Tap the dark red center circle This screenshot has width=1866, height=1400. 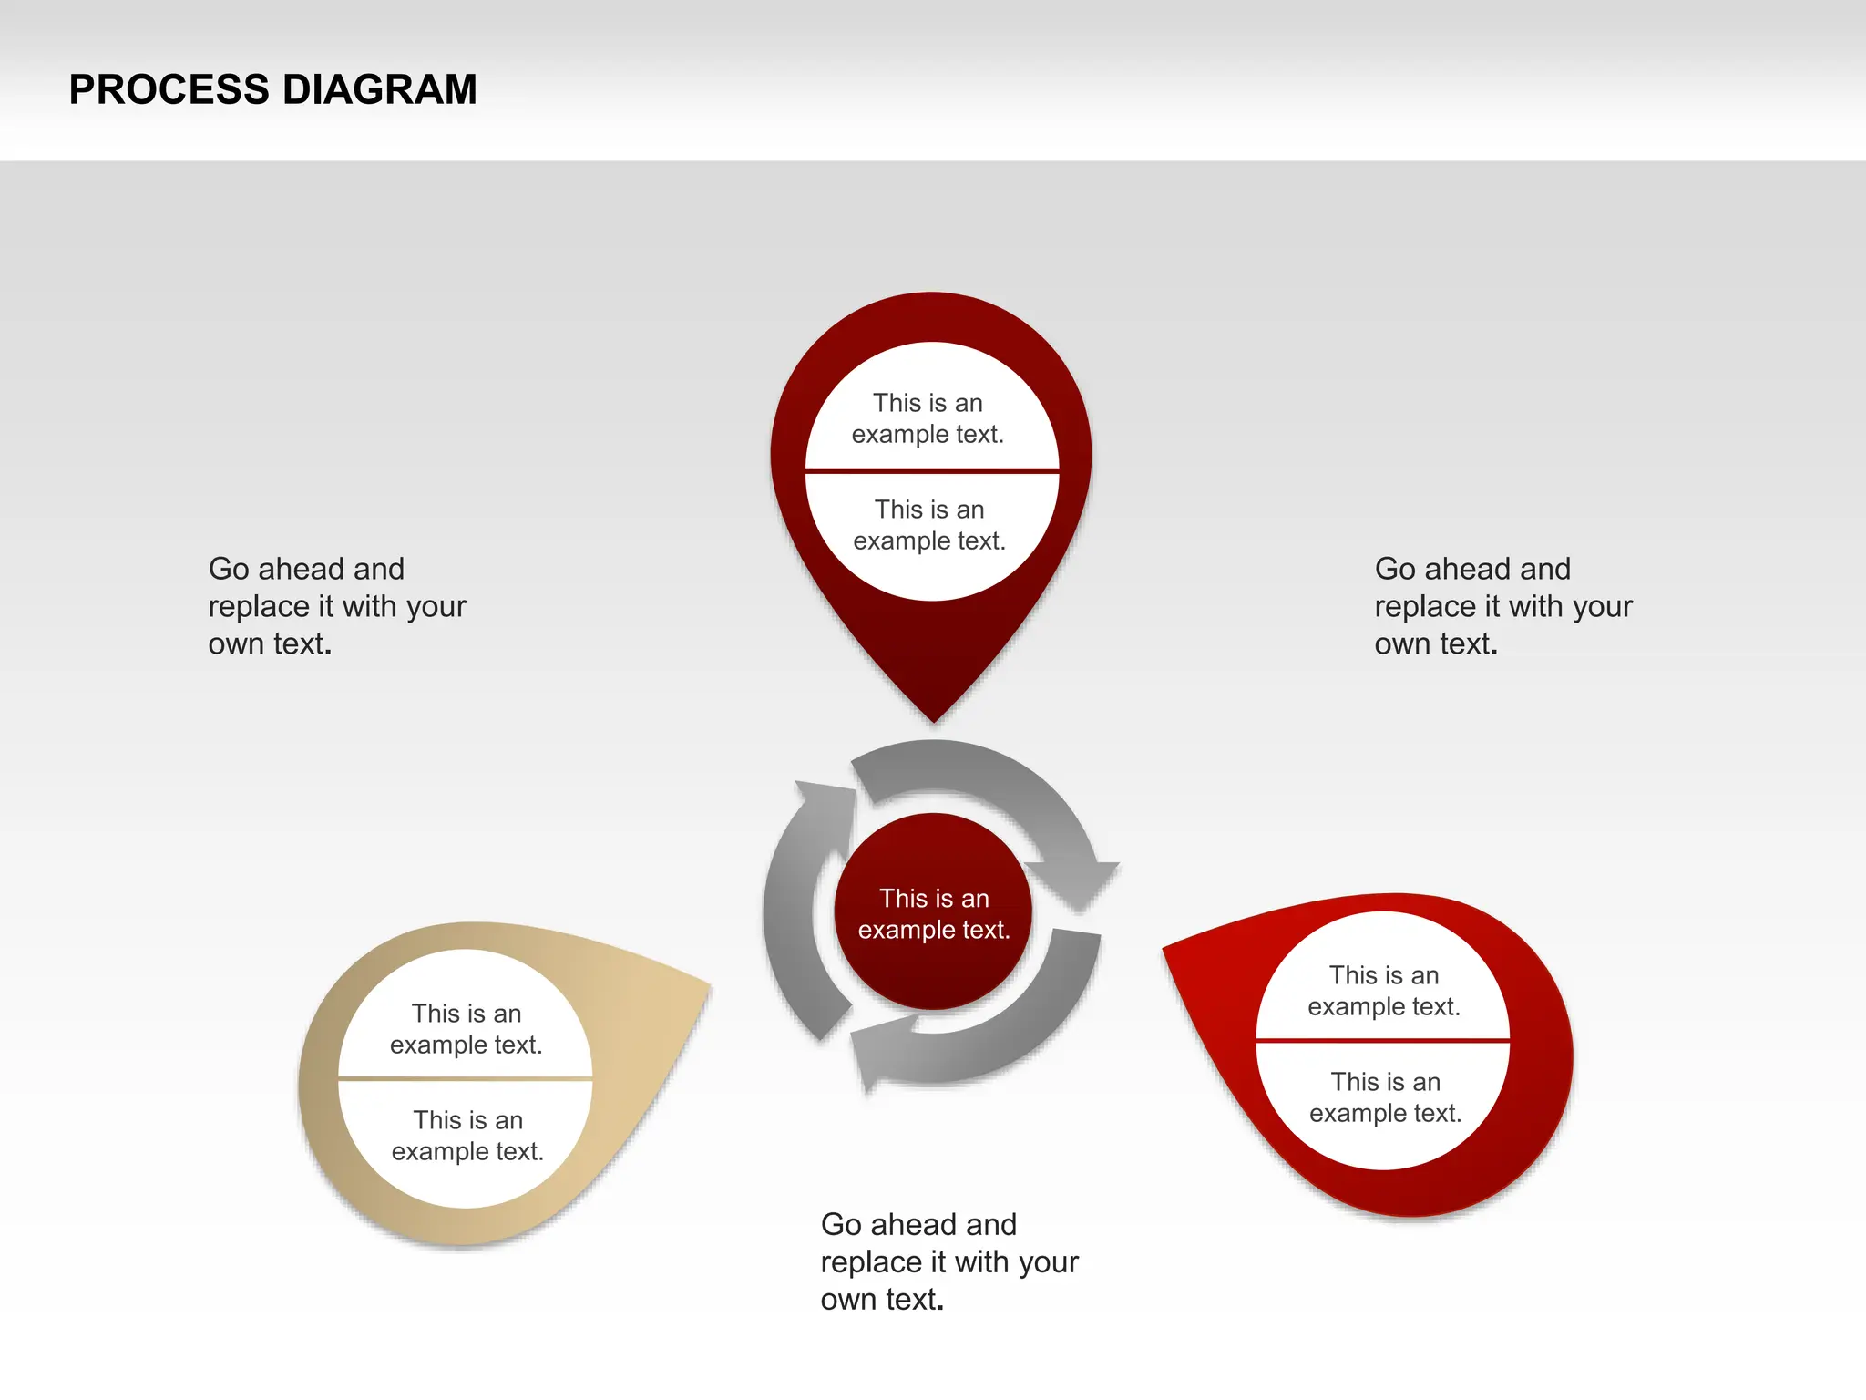[x=933, y=912]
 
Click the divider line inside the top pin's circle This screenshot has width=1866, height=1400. [x=931, y=471]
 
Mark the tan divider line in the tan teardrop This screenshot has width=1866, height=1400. [x=466, y=1079]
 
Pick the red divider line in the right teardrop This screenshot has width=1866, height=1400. [x=1382, y=1040]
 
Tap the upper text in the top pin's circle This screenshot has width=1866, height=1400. [x=928, y=418]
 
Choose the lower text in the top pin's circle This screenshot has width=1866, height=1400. [x=929, y=525]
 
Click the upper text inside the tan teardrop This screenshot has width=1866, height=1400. [x=466, y=1029]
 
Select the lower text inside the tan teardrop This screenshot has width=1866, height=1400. [x=467, y=1136]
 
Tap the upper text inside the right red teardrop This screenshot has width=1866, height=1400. [x=1384, y=991]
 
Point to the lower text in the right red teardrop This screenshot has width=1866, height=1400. [x=1385, y=1097]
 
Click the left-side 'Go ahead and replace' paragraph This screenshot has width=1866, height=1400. [x=337, y=606]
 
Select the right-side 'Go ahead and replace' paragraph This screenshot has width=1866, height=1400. [x=1502, y=606]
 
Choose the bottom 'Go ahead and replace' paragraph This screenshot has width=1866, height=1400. [x=948, y=1261]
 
